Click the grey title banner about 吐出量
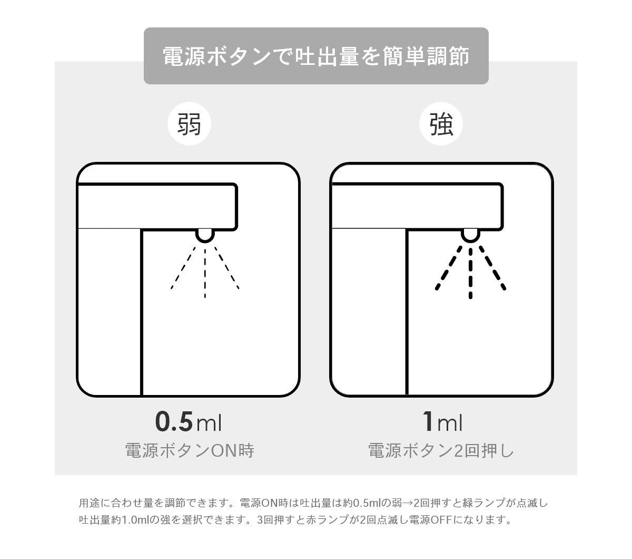(x=315, y=56)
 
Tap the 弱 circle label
(x=189, y=124)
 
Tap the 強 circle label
(x=441, y=124)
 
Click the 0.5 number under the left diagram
(x=174, y=421)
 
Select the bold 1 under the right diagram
(x=428, y=421)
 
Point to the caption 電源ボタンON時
(x=190, y=450)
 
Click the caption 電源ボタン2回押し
(x=441, y=450)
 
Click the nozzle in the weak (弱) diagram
(x=205, y=236)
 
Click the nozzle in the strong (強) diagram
(x=470, y=236)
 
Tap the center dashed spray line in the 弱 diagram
(x=205, y=273)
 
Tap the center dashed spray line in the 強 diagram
(x=470, y=273)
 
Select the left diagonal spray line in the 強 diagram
(x=449, y=268)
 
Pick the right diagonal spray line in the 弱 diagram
(x=226, y=268)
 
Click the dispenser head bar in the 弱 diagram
(x=157, y=207)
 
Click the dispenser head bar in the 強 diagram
(x=417, y=207)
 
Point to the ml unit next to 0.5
(x=209, y=423)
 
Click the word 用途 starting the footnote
(x=90, y=503)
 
